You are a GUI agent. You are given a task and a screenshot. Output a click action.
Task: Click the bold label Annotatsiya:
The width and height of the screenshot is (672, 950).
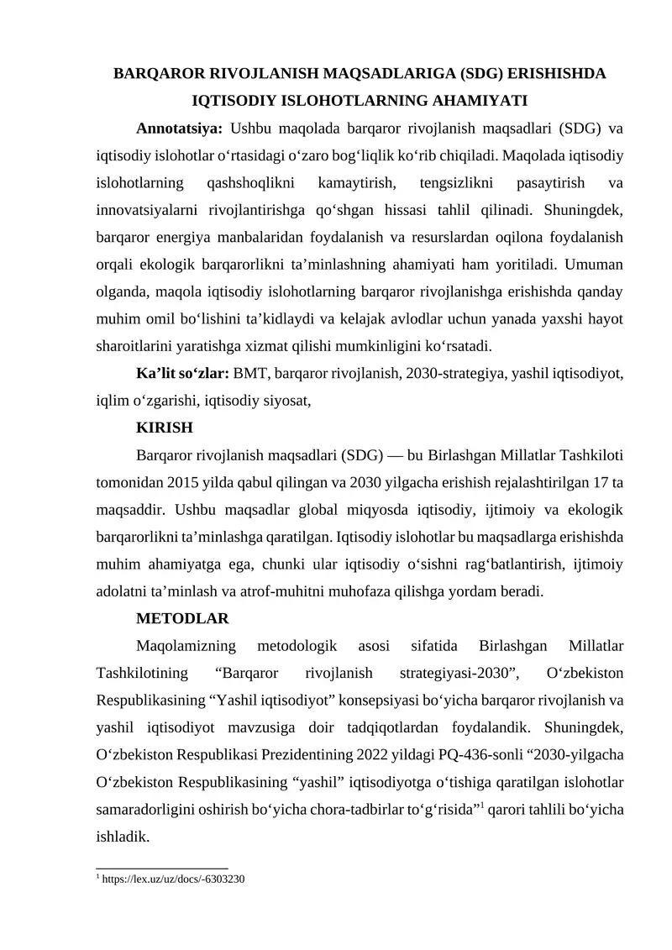[x=179, y=129]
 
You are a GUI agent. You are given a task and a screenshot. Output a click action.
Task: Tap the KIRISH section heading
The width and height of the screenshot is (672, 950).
[x=164, y=428]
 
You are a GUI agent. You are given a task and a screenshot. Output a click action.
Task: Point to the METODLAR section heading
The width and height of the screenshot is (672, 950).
[x=182, y=619]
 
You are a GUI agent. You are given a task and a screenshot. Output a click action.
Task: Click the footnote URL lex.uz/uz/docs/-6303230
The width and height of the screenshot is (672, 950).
[x=174, y=879]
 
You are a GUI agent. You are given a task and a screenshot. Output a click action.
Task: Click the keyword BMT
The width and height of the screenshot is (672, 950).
[x=249, y=373]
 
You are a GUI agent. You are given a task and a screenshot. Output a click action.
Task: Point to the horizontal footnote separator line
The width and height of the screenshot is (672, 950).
[x=162, y=867]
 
